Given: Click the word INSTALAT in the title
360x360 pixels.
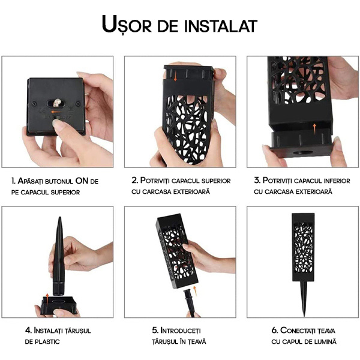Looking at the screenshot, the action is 221,26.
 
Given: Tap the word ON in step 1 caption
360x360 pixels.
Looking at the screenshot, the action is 82,181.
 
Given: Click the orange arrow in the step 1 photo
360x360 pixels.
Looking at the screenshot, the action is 56,112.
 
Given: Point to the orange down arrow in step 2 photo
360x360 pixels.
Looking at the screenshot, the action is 175,76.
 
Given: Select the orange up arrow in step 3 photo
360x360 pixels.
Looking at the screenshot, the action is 314,129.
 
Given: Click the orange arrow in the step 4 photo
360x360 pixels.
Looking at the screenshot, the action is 47,299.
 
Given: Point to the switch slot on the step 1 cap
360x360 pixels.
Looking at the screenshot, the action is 56,103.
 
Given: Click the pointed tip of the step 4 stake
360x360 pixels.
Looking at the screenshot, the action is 59,217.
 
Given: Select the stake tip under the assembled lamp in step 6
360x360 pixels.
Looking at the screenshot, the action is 304,315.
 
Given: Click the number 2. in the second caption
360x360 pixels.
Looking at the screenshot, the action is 135,180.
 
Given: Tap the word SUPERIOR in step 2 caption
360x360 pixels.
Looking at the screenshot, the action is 216,181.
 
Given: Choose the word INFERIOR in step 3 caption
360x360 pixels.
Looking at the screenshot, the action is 337,181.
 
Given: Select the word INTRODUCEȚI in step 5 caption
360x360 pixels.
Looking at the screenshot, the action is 181,331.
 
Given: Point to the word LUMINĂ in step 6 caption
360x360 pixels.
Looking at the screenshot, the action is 325,341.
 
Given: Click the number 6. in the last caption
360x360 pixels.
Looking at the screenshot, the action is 275,330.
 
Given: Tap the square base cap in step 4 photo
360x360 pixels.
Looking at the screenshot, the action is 59,305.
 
